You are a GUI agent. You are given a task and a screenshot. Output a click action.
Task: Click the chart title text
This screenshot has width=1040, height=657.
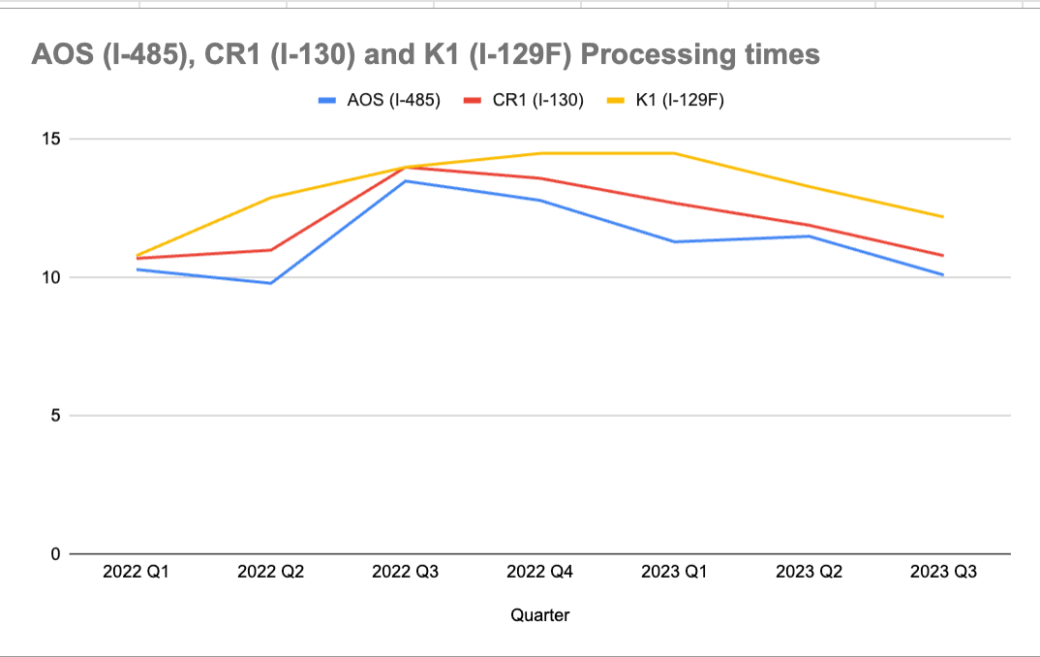(426, 54)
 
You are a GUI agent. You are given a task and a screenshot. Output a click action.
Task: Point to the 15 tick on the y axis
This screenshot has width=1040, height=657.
(50, 139)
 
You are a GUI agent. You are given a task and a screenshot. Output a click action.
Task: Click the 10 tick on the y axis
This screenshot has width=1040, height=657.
(50, 277)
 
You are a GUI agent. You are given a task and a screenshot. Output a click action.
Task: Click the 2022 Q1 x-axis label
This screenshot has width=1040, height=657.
(137, 573)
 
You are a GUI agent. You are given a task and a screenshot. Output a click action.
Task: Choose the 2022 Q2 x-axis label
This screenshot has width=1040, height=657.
(271, 573)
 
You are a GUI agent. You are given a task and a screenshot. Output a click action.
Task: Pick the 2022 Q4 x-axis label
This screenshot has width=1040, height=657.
(540, 573)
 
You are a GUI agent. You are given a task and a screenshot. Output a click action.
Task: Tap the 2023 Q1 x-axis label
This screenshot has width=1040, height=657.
(674, 573)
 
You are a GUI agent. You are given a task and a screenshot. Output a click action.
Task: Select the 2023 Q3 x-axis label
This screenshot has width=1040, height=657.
(943, 573)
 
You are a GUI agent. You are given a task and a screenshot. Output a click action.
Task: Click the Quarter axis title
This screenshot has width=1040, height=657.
(539, 615)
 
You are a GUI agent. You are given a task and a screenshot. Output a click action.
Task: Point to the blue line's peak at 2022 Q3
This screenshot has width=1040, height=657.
(406, 181)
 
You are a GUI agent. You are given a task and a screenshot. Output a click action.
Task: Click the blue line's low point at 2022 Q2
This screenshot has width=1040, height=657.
(271, 283)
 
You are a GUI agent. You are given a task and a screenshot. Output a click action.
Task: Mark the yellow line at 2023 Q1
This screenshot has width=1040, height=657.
(674, 153)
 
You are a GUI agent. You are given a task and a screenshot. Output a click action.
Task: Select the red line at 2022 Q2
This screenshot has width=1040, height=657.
(271, 250)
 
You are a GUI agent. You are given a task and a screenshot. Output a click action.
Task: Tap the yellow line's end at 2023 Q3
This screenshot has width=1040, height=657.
(943, 216)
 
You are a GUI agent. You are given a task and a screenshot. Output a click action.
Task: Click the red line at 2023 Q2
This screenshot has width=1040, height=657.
(809, 225)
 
